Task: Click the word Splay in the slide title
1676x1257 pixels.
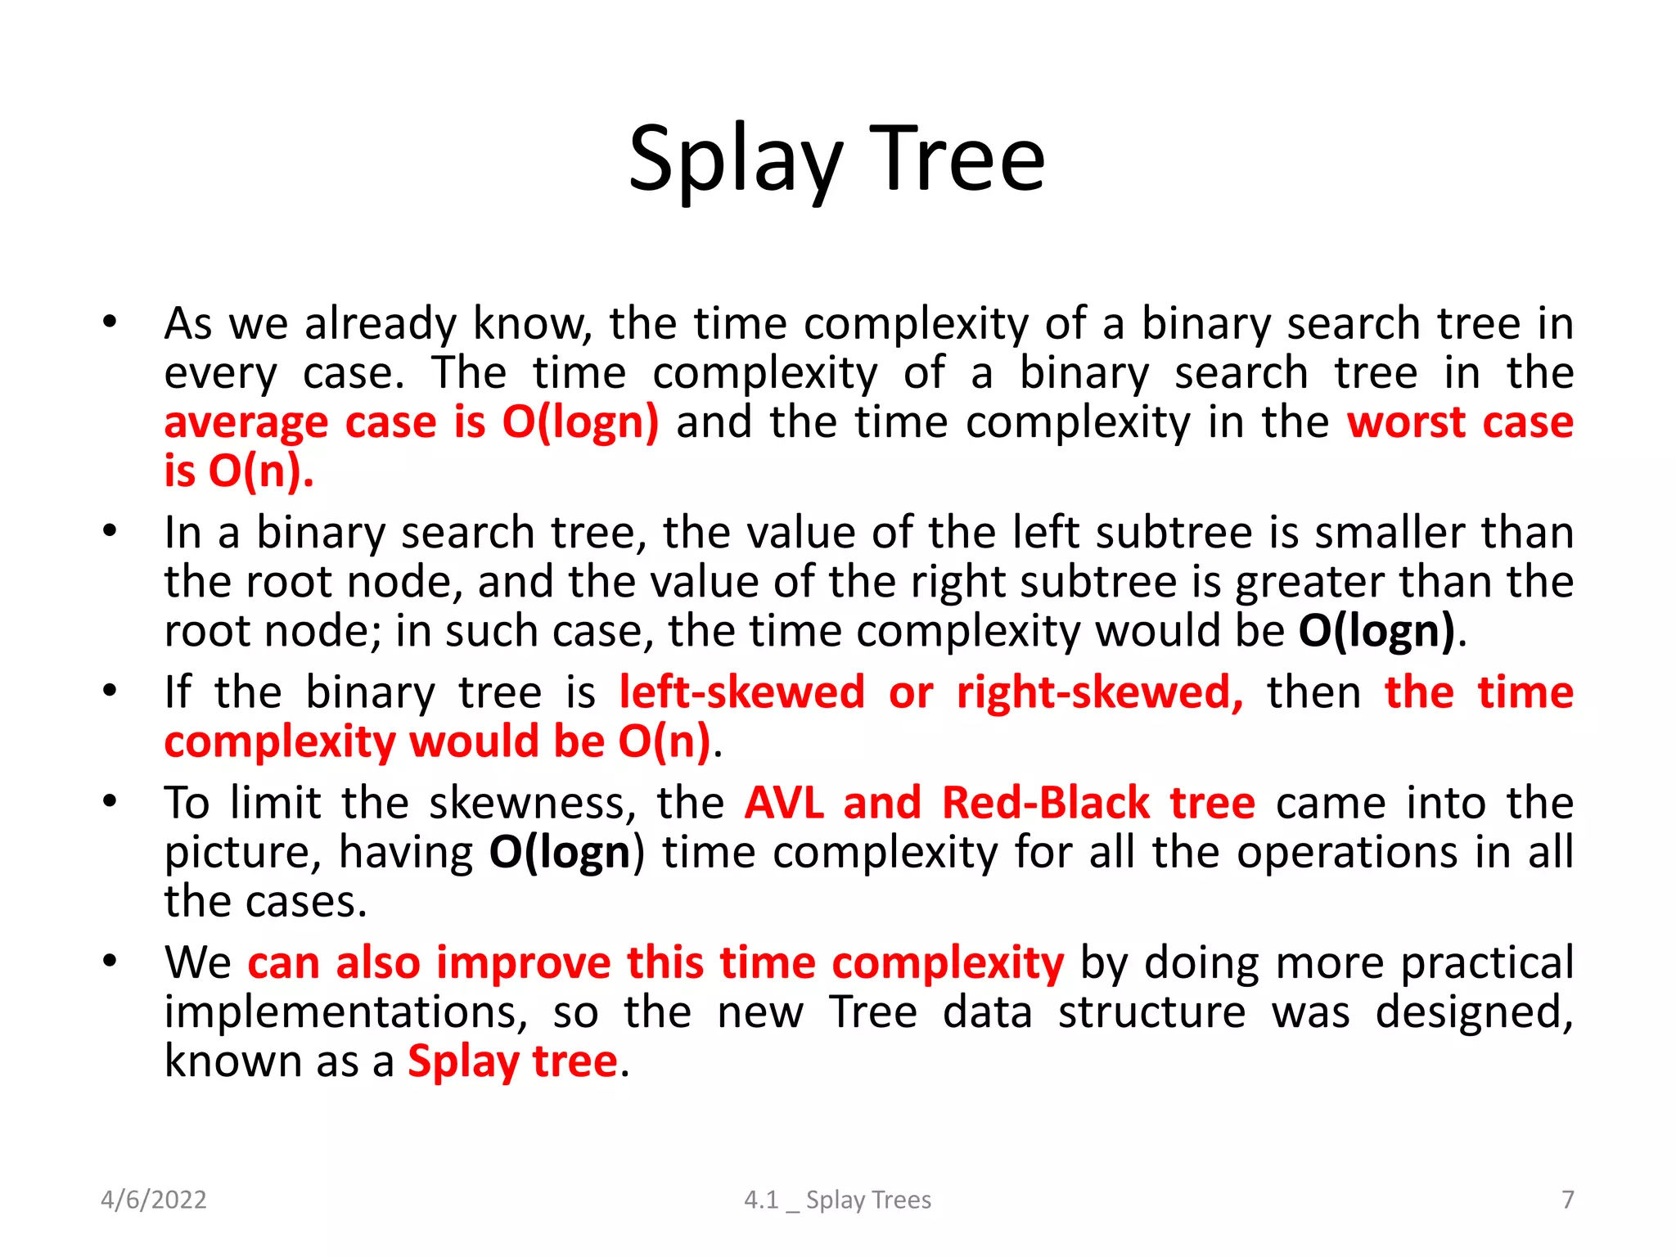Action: point(734,160)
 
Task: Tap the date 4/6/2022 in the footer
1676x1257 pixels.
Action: point(153,1200)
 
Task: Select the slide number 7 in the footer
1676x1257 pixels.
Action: point(1567,1200)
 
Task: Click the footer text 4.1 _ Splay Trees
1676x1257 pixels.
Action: point(837,1200)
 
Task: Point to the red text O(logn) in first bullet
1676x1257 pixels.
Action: point(579,422)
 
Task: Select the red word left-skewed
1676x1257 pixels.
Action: point(741,692)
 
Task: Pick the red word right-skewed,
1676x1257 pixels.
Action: point(1100,692)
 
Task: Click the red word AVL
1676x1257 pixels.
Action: point(783,803)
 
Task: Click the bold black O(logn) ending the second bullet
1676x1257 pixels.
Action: point(1376,631)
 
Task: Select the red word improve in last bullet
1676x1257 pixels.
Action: point(523,962)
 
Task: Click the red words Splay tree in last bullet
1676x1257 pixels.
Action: point(512,1061)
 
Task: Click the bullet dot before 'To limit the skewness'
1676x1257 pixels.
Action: point(110,801)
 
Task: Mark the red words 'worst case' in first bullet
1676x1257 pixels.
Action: point(1460,422)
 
